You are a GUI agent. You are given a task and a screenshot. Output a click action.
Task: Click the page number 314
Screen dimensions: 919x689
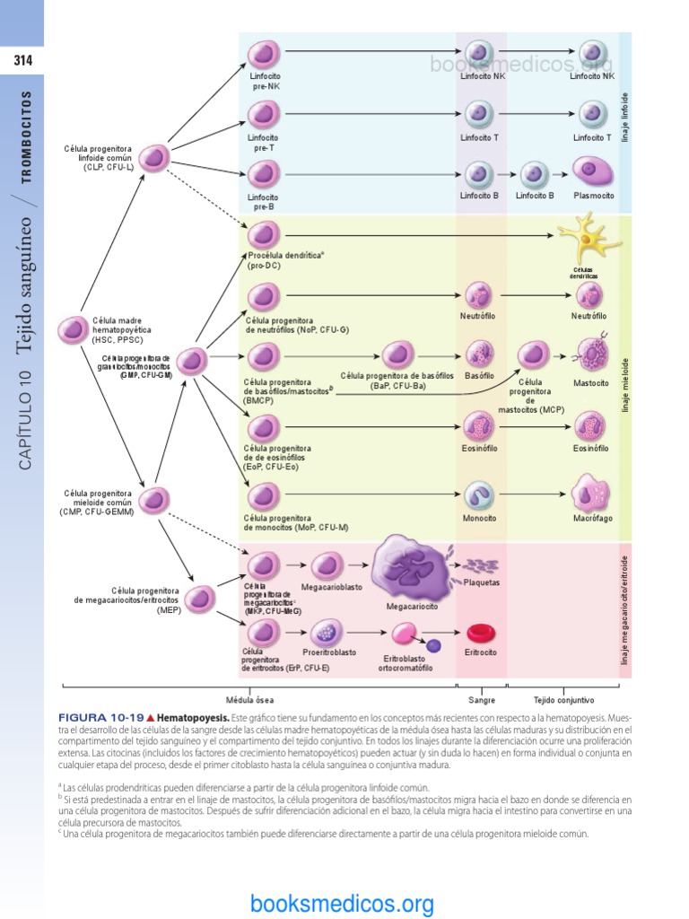tap(22, 61)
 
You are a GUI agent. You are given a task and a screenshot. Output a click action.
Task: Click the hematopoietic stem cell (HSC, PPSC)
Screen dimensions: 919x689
tap(72, 330)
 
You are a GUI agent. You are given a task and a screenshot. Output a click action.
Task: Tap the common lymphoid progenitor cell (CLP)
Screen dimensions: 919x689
tap(155, 158)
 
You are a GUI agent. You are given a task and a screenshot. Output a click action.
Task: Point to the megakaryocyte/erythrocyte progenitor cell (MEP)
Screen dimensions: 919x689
tap(201, 599)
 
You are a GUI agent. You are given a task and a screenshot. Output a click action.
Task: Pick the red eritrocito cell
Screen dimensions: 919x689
tap(481, 635)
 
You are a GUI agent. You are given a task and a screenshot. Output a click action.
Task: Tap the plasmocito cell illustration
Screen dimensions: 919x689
tap(592, 171)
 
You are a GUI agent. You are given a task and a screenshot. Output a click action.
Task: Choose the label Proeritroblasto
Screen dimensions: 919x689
tap(329, 652)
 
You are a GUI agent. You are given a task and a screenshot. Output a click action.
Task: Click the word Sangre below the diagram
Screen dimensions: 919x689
tap(482, 699)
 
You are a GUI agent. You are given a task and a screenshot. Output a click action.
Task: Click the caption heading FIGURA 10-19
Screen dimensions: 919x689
tap(100, 719)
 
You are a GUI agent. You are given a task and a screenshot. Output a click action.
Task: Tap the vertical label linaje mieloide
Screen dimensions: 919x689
tap(624, 385)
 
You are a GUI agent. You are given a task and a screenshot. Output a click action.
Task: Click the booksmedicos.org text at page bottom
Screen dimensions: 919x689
tap(343, 903)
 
